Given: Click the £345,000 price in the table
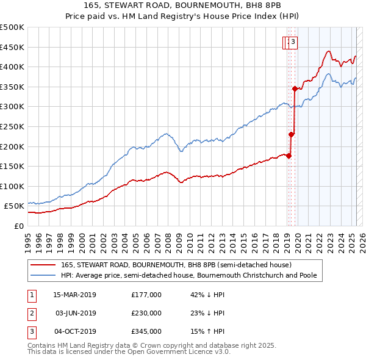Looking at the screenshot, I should pyautogui.click(x=146, y=331).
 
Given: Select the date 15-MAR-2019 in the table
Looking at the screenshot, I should pyautogui.click(x=74, y=295).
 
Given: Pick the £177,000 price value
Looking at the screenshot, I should pyautogui.click(x=146, y=295).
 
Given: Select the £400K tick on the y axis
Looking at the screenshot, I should pyautogui.click(x=12, y=67).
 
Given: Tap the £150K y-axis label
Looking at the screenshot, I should pyautogui.click(x=12, y=166).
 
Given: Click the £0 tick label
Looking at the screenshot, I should pyautogui.click(x=18, y=226).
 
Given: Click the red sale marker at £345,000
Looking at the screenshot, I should pyautogui.click(x=295, y=88).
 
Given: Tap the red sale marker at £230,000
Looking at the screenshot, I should pyautogui.click(x=292, y=134).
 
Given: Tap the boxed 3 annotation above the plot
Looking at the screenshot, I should pyautogui.click(x=293, y=42).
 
